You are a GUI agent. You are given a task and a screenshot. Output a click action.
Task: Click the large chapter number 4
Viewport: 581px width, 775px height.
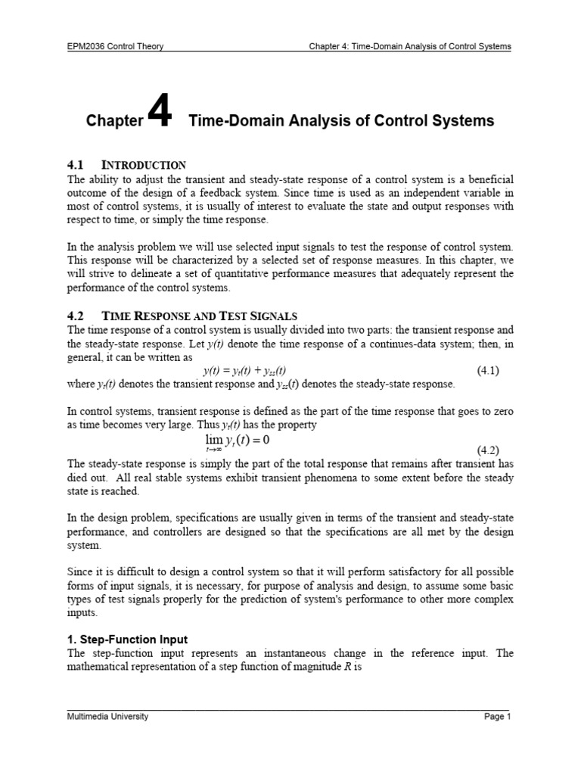[x=160, y=115]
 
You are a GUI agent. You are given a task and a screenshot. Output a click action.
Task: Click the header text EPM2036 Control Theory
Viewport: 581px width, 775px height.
[x=116, y=46]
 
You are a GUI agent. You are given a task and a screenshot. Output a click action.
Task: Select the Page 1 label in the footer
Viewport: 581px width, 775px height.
[x=498, y=717]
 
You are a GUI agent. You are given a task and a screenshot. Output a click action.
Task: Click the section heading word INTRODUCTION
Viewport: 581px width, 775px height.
[x=144, y=165]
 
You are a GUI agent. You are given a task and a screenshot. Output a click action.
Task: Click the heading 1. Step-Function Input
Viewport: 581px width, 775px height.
[x=128, y=640]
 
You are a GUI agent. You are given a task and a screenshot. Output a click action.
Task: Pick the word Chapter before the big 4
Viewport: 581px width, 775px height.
[x=114, y=121]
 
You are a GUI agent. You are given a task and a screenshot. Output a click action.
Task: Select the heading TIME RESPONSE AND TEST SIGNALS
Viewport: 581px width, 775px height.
[x=200, y=316]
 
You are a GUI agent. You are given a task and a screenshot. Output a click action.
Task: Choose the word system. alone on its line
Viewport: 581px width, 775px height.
[x=85, y=545]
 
